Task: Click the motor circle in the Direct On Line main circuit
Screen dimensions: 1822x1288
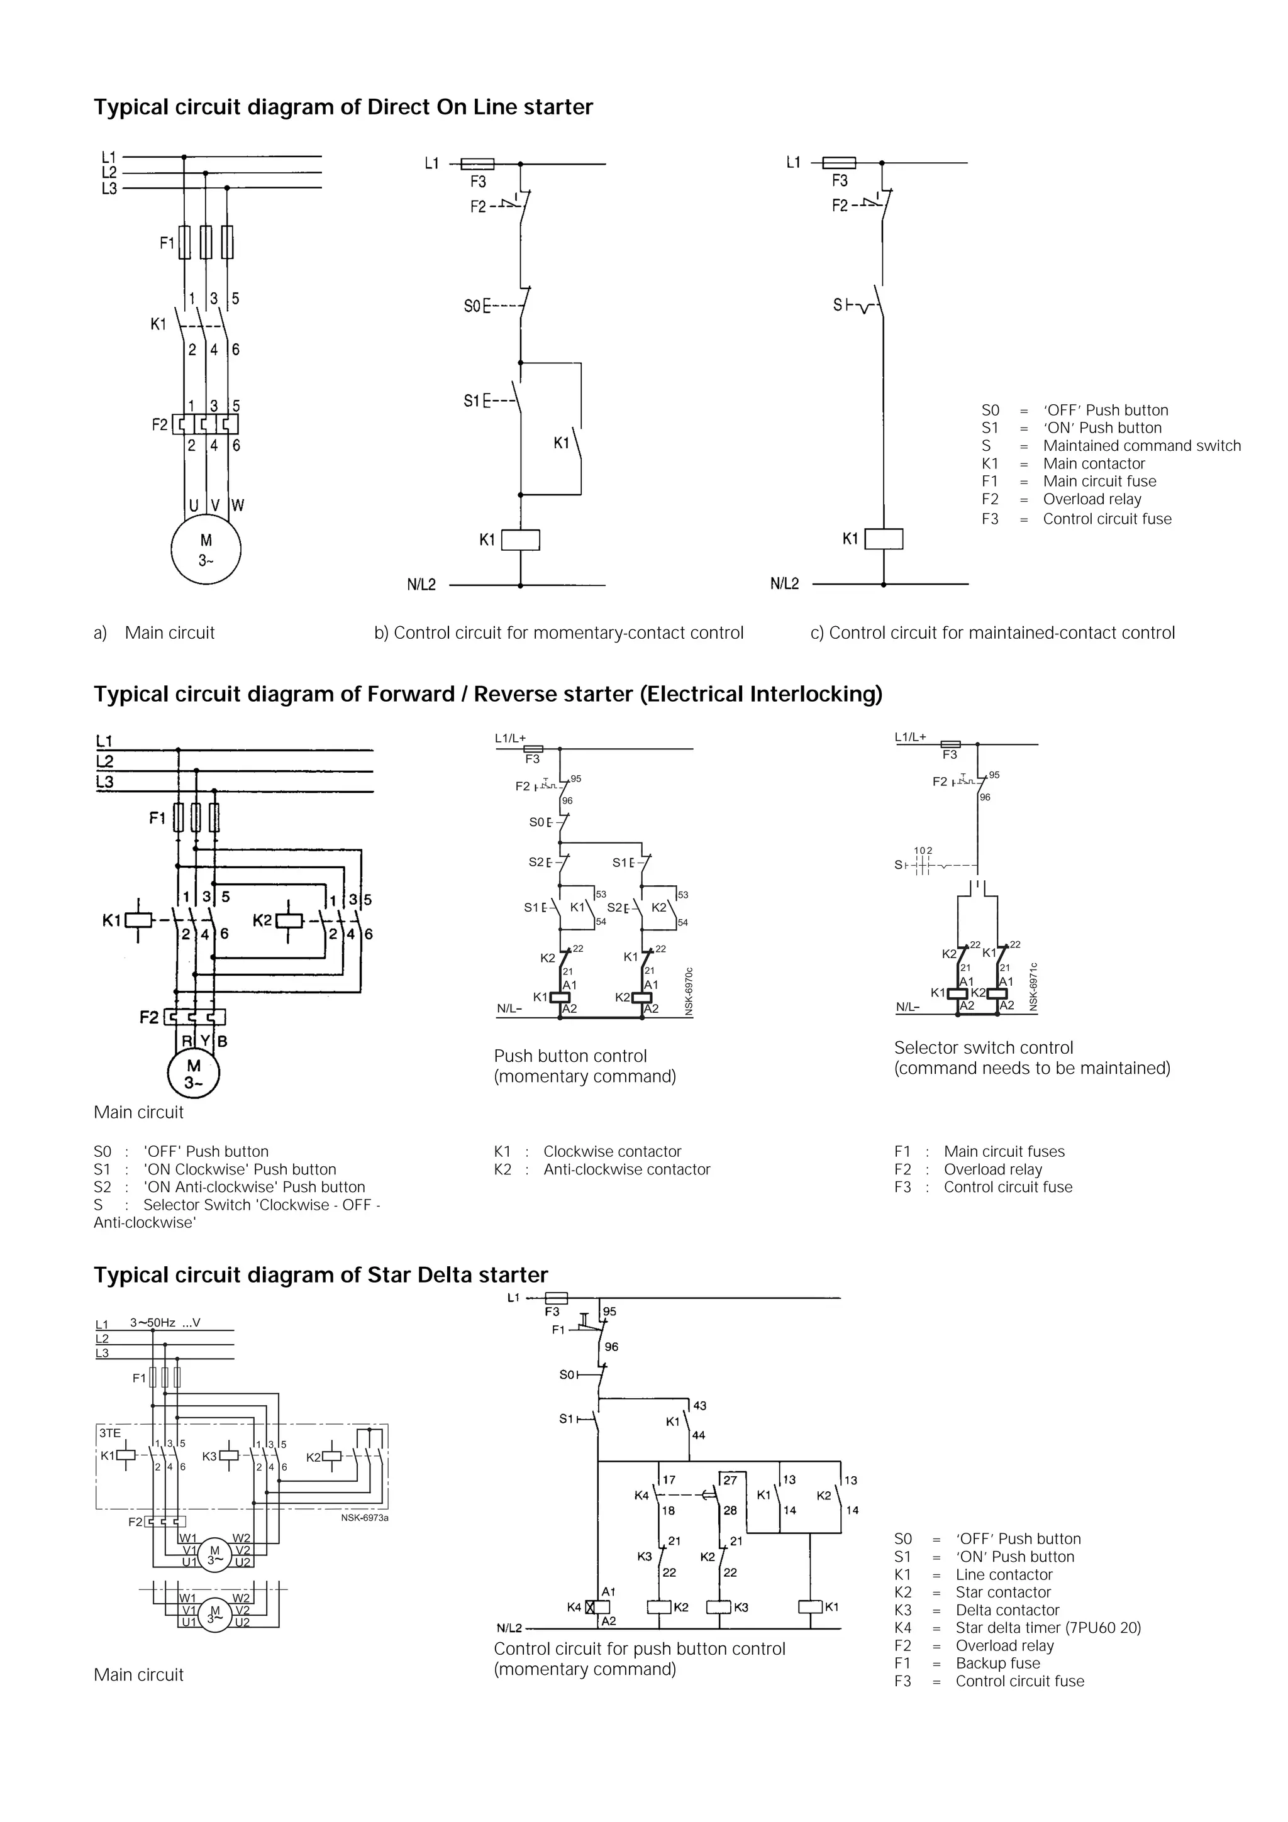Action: (x=206, y=549)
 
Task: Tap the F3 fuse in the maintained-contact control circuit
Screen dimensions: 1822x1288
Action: (x=839, y=163)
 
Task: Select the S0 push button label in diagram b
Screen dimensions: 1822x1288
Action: (x=473, y=306)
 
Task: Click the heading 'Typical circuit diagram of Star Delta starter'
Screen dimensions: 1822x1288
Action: (x=321, y=1274)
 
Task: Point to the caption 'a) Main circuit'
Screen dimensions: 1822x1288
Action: (x=154, y=632)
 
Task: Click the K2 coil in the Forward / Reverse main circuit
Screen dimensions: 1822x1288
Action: (x=289, y=920)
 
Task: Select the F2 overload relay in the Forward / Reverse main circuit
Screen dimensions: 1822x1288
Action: (x=194, y=1017)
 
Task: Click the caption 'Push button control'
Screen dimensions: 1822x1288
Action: (x=570, y=1056)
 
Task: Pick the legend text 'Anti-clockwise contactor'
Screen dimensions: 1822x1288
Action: (x=626, y=1169)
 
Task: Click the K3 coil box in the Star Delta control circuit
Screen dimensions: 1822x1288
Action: (x=718, y=1607)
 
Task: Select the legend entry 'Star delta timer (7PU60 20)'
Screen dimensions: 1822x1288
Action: (x=1048, y=1628)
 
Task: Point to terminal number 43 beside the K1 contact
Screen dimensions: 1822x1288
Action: (x=699, y=1405)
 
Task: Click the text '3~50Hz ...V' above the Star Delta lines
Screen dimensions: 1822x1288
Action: (x=165, y=1322)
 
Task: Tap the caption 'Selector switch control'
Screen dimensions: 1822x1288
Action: (x=983, y=1047)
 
